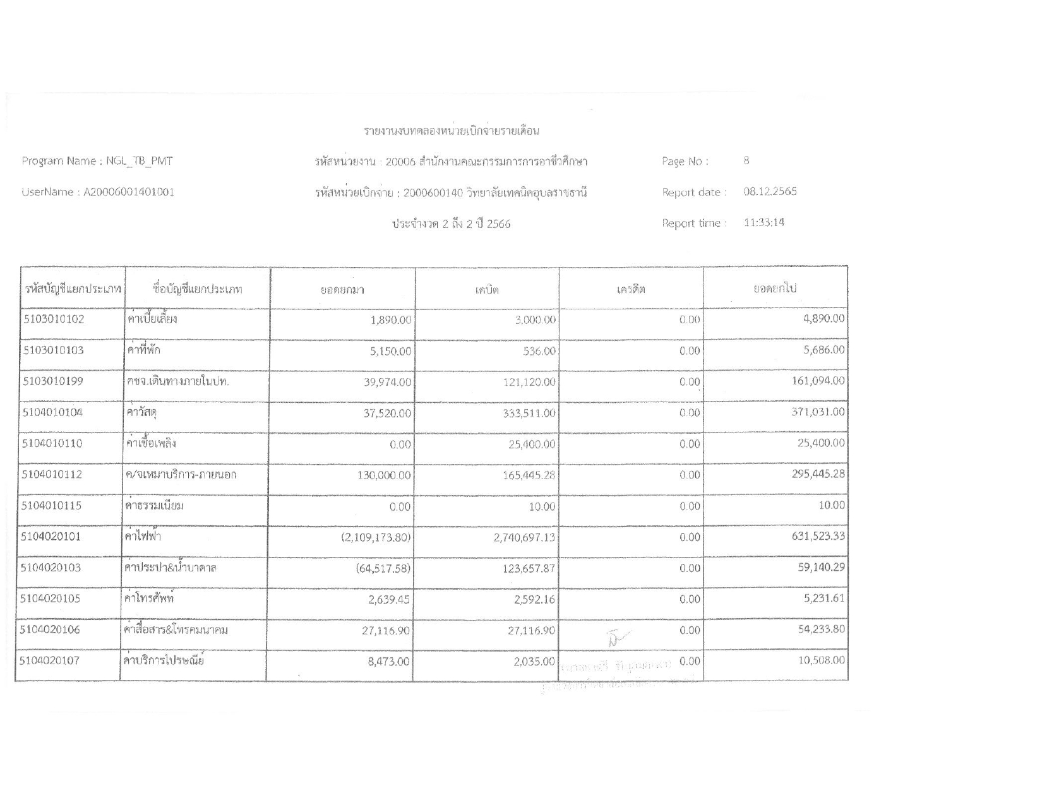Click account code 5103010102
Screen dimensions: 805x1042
pyautogui.click(x=54, y=319)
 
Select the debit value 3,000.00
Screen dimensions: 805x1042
pyautogui.click(x=536, y=320)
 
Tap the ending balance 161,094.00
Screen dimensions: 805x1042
pyautogui.click(x=818, y=381)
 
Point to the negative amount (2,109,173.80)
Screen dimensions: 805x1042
pyautogui.click(x=375, y=537)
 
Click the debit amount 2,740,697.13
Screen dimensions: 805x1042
pyautogui.click(x=524, y=537)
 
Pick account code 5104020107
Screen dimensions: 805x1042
pyautogui.click(x=50, y=660)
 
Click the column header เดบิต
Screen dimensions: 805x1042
pyautogui.click(x=487, y=290)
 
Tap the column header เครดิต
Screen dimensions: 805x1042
pyautogui.click(x=631, y=290)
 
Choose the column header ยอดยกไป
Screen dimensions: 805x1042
pyautogui.click(x=774, y=289)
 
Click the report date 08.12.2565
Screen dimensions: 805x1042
pyautogui.click(x=770, y=191)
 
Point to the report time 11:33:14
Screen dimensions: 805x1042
pyautogui.click(x=764, y=222)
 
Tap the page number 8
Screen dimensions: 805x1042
pyautogui.click(x=746, y=160)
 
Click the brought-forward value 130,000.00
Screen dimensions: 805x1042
pyautogui.click(x=384, y=475)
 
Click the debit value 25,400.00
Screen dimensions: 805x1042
pyautogui.click(x=532, y=444)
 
